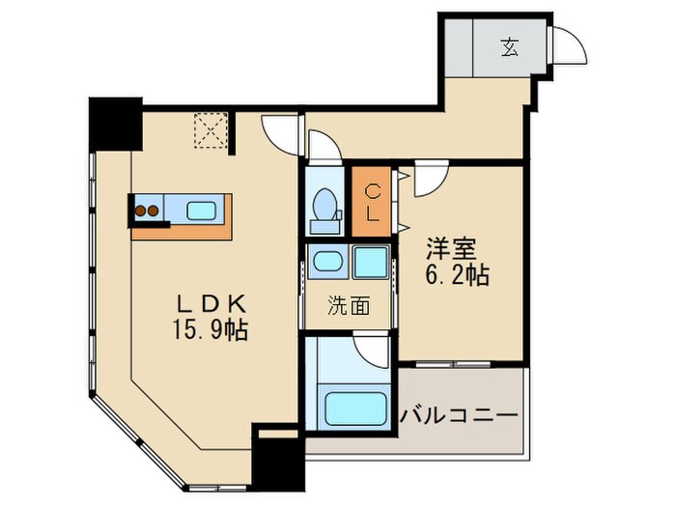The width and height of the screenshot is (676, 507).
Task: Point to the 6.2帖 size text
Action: (x=458, y=275)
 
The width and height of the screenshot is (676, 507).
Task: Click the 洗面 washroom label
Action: (x=349, y=307)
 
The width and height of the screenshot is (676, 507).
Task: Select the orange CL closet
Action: (x=372, y=201)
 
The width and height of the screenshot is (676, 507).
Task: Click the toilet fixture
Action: (x=325, y=210)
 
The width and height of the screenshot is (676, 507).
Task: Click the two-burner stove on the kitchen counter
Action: (x=147, y=210)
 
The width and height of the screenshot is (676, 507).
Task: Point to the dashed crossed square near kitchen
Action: (x=210, y=131)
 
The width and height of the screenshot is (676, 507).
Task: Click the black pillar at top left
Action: (x=115, y=123)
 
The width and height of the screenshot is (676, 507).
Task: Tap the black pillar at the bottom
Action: (x=277, y=459)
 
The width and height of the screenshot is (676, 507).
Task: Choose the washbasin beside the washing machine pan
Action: (x=328, y=262)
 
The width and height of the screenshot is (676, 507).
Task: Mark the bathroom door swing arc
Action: (x=372, y=348)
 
